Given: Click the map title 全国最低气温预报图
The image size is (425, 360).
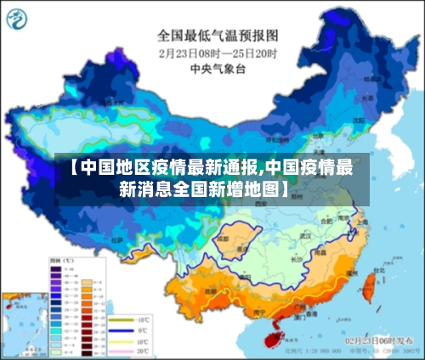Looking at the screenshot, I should click(x=217, y=37).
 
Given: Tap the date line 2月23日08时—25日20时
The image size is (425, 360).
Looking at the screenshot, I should click(x=217, y=52).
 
